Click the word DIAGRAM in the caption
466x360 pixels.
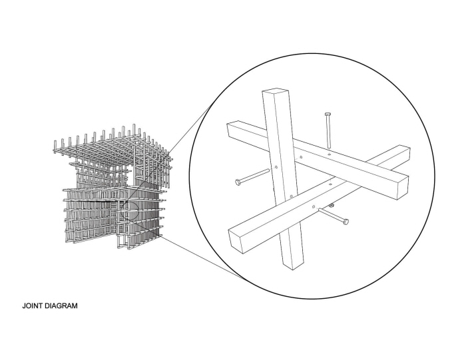tap(61, 305)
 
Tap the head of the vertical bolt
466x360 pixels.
tap(328, 114)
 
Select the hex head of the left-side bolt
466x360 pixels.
tap(238, 182)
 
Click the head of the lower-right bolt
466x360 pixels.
tap(346, 222)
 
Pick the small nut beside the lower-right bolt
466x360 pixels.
tap(332, 205)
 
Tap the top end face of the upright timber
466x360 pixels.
tap(276, 91)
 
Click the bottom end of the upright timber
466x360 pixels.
tap(292, 266)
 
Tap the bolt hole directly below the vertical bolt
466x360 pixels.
tap(329, 154)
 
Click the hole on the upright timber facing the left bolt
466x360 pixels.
tap(276, 168)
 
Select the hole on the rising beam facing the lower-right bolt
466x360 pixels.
tap(314, 206)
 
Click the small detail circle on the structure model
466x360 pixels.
tap(130, 210)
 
